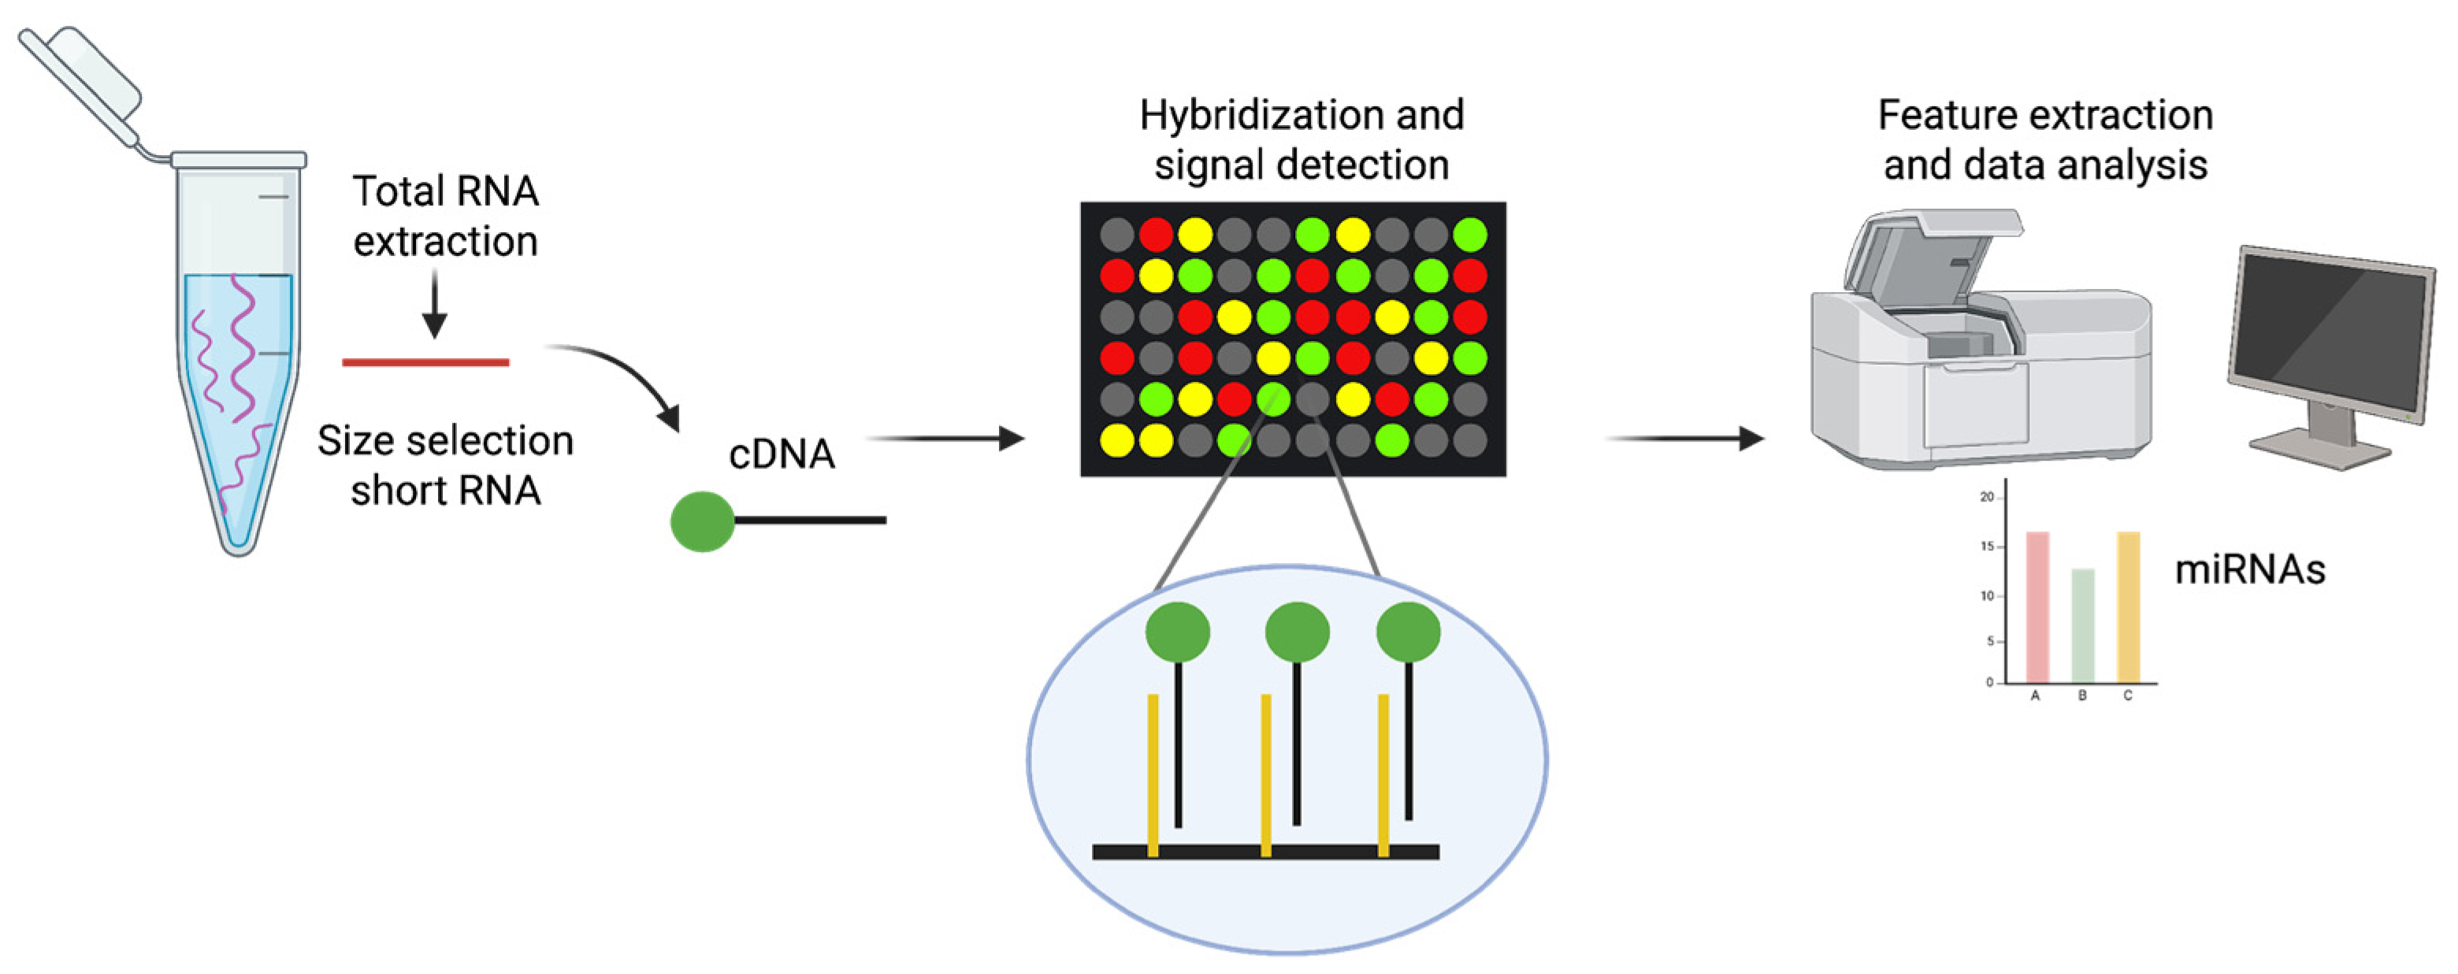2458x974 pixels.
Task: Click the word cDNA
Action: click(782, 454)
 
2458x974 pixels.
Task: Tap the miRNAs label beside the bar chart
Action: click(2249, 569)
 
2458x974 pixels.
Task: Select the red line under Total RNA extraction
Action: click(425, 362)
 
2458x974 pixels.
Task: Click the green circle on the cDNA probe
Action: click(702, 521)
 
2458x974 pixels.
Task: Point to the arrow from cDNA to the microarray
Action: click(945, 439)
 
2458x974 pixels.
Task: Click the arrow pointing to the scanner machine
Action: click(1684, 439)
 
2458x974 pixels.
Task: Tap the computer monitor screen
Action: click(2328, 334)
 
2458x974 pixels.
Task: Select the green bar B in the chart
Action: click(2083, 625)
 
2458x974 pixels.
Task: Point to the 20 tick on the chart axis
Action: click(1988, 497)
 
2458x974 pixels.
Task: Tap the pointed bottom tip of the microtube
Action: click(238, 544)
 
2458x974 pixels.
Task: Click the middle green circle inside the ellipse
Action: click(1297, 631)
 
